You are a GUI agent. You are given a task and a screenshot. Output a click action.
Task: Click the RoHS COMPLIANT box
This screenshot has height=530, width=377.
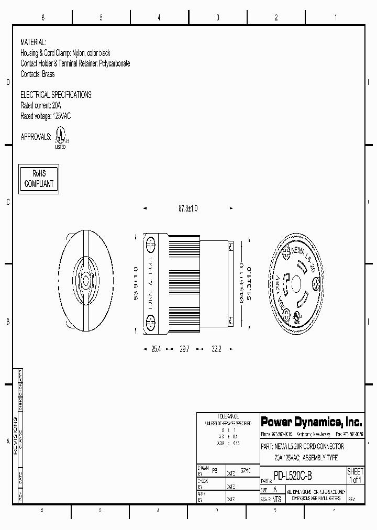click(39, 179)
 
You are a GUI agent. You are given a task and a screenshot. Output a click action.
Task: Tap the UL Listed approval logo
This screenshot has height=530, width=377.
click(61, 138)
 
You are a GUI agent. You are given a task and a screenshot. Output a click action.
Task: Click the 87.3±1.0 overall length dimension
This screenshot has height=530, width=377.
click(188, 208)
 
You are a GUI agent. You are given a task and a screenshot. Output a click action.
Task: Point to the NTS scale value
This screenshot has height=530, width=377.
click(277, 499)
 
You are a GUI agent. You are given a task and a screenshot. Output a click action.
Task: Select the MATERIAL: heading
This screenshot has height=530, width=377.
click(33, 42)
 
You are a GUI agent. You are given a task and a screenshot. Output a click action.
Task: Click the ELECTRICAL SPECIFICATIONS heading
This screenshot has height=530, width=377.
click(56, 95)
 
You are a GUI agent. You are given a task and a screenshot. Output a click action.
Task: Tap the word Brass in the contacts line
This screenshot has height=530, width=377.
click(48, 74)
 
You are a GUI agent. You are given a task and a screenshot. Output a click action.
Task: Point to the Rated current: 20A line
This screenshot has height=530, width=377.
click(40, 105)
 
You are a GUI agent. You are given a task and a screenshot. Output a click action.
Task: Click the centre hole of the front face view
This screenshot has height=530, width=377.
click(296, 283)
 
